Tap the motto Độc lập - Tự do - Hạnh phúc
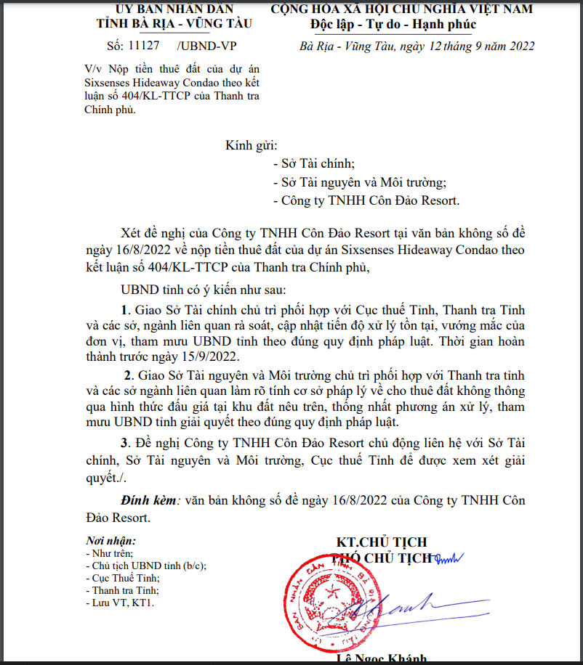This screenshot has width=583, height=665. point(402,25)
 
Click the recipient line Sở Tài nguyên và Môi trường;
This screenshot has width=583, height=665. point(359,182)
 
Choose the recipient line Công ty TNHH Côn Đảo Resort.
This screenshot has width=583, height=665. point(366,201)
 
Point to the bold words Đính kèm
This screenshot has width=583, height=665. point(148,500)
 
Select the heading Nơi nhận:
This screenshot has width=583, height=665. point(110,541)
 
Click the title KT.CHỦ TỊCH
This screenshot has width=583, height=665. point(381,542)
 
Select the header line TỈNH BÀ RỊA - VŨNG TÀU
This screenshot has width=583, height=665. point(174,23)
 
